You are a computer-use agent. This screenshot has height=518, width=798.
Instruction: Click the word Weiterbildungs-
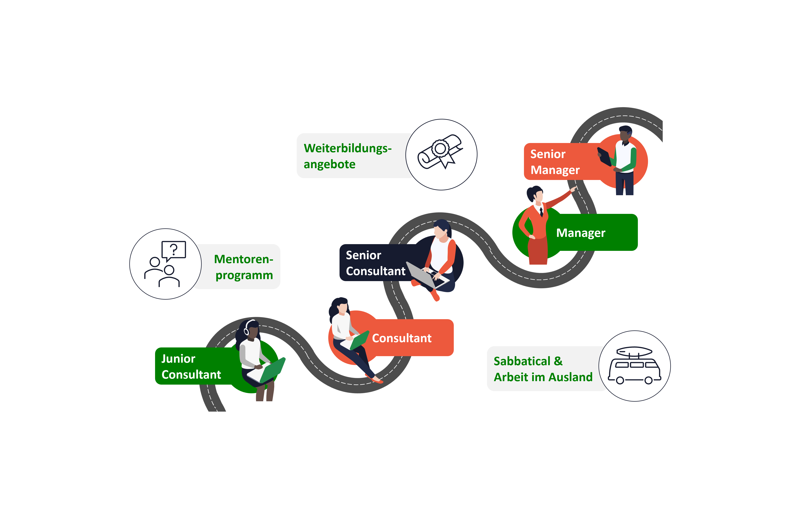(347, 148)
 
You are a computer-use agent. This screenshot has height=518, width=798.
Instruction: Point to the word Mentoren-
(243, 259)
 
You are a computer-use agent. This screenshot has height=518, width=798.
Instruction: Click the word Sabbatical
(522, 361)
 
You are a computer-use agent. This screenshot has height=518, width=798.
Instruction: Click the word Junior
(178, 359)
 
